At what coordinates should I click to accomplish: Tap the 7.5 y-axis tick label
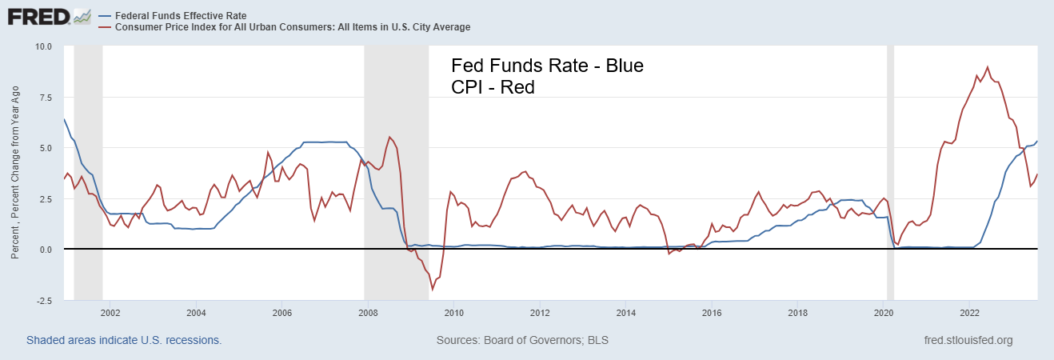(x=45, y=98)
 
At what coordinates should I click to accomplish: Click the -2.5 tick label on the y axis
(x=43, y=301)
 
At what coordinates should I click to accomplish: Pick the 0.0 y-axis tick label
(x=45, y=250)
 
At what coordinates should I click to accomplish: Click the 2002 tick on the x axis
(x=110, y=313)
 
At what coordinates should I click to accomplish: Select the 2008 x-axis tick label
(x=368, y=313)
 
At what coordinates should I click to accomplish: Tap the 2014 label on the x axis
(x=626, y=313)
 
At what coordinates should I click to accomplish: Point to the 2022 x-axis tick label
(x=970, y=313)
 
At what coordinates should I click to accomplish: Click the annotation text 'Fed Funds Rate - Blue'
(x=547, y=66)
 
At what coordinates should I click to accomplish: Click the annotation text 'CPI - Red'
(x=493, y=87)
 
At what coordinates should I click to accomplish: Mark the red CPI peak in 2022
(x=988, y=67)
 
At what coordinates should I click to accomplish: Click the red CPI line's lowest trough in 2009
(x=433, y=290)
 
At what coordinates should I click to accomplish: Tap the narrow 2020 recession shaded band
(x=890, y=160)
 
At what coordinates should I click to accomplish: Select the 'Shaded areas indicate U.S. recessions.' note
(x=124, y=340)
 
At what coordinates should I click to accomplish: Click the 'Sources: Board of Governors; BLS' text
(x=522, y=340)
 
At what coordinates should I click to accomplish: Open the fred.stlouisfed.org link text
(x=968, y=340)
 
